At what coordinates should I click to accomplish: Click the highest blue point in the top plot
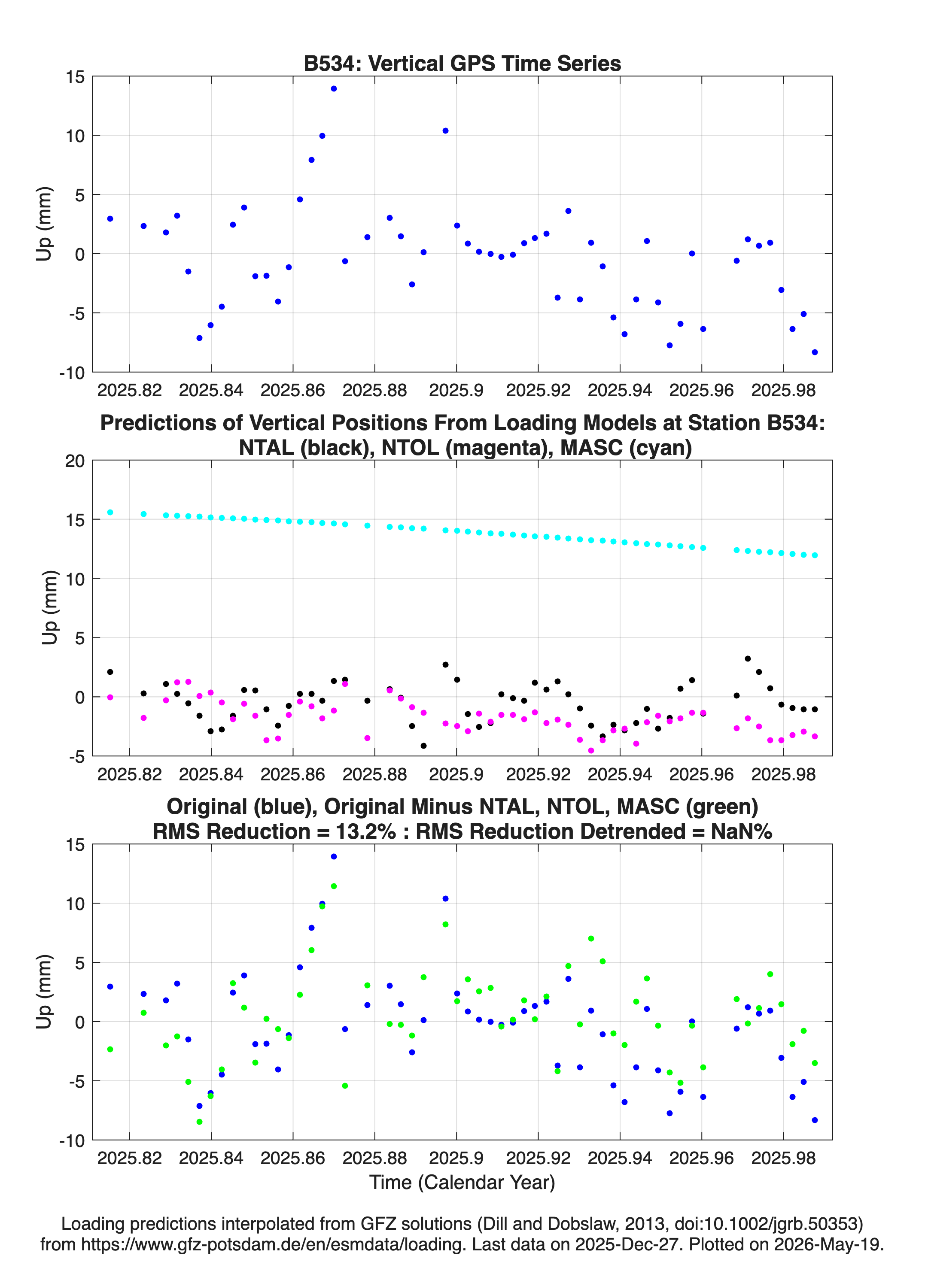(334, 88)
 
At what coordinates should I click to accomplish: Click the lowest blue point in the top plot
(815, 352)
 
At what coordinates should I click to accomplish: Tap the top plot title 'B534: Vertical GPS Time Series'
(462, 63)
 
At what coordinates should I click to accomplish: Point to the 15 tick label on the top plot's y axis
(75, 77)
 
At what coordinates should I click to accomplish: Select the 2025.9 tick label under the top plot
(456, 390)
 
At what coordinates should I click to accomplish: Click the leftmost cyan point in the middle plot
(110, 513)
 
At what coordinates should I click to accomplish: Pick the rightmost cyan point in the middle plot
(815, 555)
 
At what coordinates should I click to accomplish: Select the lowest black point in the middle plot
(423, 746)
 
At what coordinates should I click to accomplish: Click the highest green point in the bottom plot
(334, 886)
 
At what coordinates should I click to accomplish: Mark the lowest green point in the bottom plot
(199, 1122)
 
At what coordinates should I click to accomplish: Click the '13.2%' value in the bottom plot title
(365, 831)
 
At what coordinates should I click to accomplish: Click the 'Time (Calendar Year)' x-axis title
(462, 1183)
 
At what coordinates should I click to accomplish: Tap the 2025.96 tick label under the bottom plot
(701, 1158)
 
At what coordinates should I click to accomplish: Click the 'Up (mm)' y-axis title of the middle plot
(50, 607)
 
